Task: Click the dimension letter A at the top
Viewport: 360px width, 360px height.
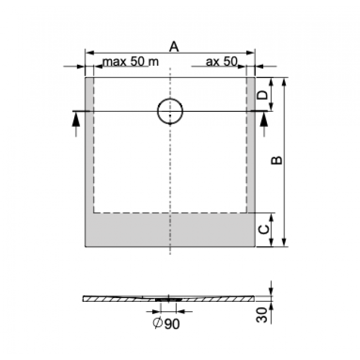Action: point(173,47)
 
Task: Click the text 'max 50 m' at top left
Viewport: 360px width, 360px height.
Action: point(131,61)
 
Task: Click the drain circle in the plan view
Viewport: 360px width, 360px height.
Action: point(170,112)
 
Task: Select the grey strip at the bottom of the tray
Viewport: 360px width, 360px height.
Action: point(170,230)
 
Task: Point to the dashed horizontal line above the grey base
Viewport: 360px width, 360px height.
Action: point(170,213)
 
